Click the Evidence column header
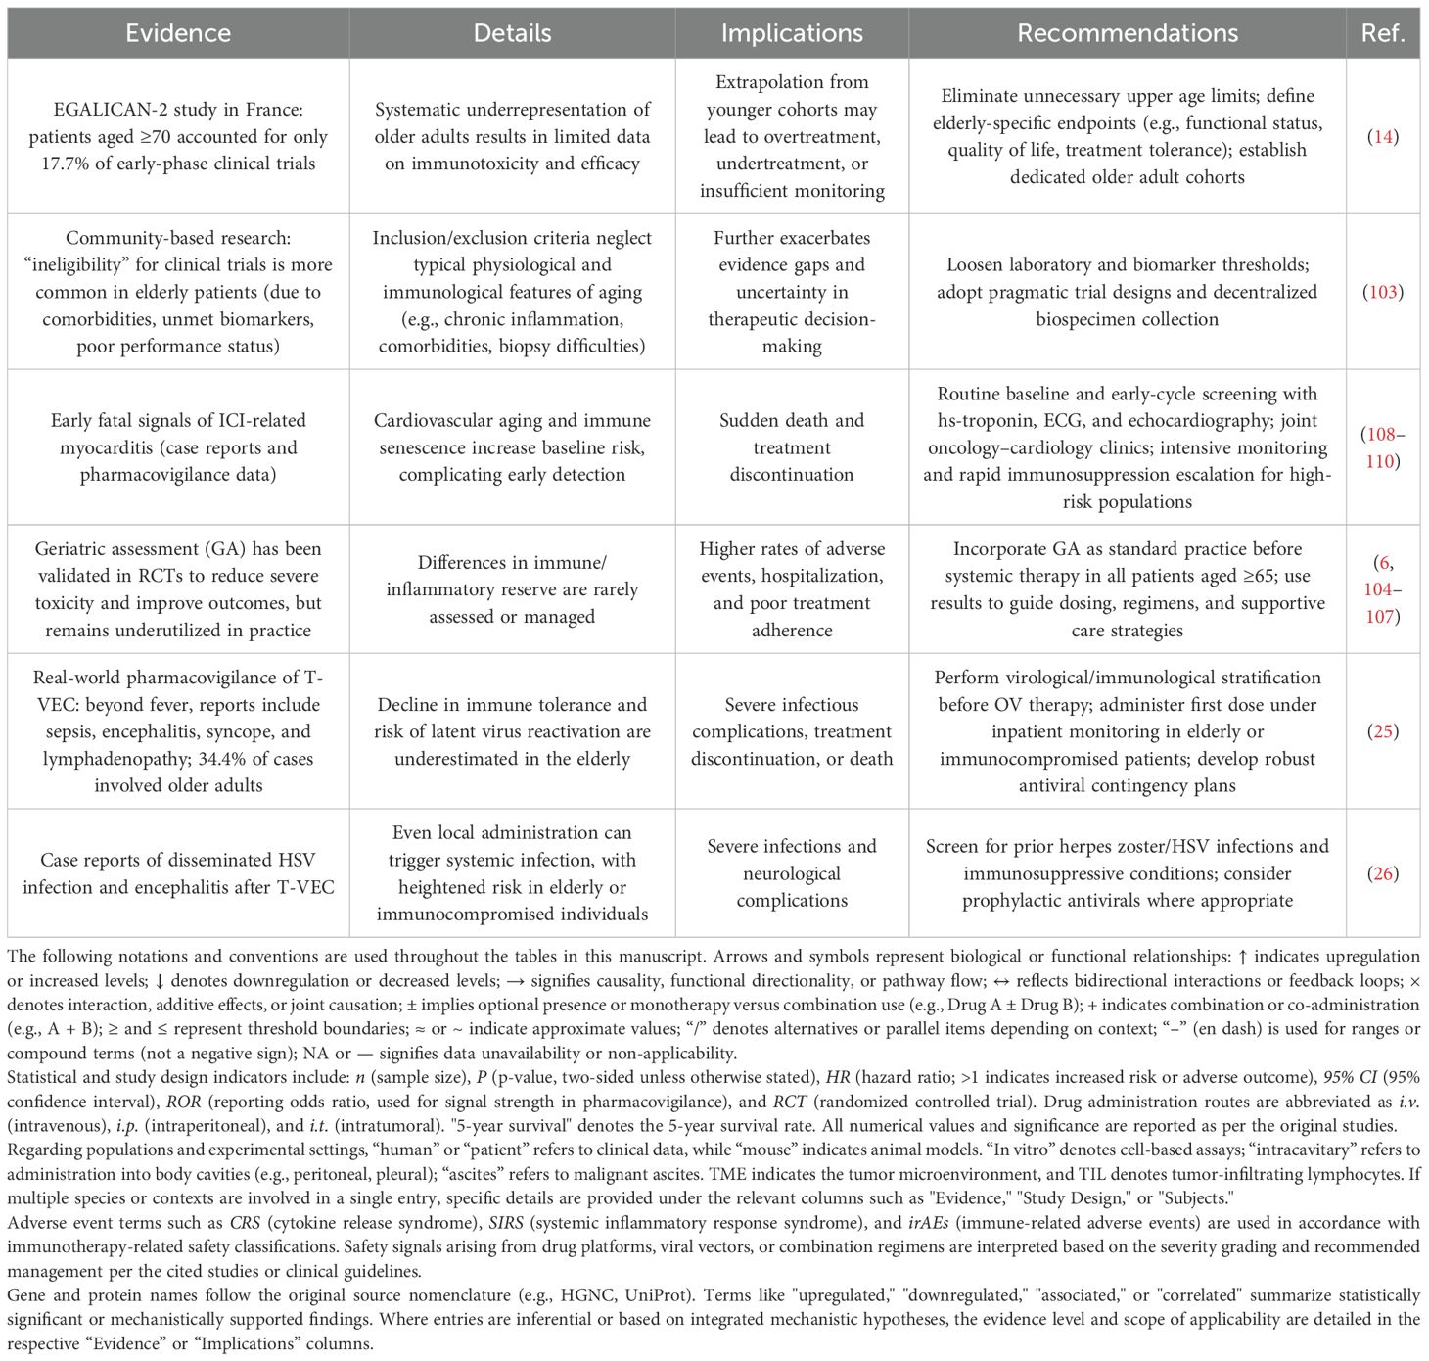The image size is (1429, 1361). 178,33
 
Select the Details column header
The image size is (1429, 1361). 512,33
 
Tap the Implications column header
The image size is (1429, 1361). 792,33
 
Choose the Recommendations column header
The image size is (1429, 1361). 1128,33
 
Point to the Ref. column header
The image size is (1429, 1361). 1383,33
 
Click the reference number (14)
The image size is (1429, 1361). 1383,137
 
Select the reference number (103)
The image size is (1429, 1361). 1383,292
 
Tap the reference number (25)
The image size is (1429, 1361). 1383,731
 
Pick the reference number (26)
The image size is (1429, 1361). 1383,873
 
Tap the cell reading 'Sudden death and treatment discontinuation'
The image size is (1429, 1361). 792,447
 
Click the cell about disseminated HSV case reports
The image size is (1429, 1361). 178,873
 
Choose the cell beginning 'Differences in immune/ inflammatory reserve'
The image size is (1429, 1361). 512,589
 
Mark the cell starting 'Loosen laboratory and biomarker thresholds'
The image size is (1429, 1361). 1128,292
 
